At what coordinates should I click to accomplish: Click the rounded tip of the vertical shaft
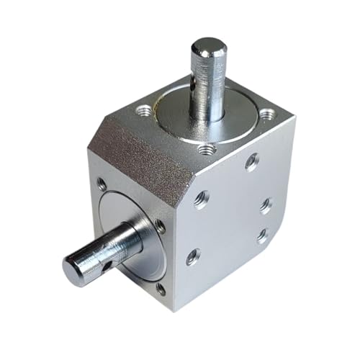[208, 48]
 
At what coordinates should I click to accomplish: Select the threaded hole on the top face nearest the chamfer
[207, 149]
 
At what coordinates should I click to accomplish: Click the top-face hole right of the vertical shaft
[267, 114]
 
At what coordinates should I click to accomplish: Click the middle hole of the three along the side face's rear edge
[265, 205]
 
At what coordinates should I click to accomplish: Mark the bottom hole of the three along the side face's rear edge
[261, 235]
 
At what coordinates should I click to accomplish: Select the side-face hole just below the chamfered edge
[201, 199]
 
